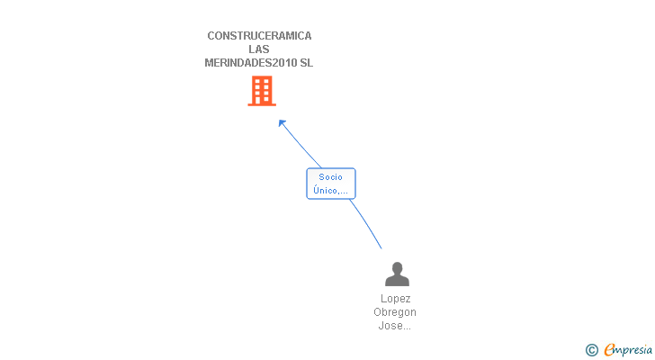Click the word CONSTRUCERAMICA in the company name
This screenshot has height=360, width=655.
tap(259, 36)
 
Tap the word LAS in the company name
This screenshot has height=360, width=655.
tap(259, 49)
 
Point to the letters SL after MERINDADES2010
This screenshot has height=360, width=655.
tap(306, 63)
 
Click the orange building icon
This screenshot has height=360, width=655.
tap(261, 91)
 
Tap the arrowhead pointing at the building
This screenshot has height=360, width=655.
tap(282, 123)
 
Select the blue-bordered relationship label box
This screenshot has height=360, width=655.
tap(331, 184)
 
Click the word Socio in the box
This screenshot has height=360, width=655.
tap(331, 177)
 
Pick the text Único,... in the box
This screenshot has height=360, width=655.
tap(331, 190)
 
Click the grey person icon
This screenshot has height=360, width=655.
tap(397, 274)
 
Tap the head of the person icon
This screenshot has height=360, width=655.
tap(397, 268)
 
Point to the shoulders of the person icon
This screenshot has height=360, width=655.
tap(397, 282)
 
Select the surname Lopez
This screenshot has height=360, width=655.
tap(396, 299)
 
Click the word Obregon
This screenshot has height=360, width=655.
tap(396, 312)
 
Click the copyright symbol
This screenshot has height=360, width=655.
tap(592, 350)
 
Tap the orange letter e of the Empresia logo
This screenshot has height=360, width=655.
tap(610, 350)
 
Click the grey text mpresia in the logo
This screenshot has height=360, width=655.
tap(633, 350)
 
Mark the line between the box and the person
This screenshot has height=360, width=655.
tap(366, 224)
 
